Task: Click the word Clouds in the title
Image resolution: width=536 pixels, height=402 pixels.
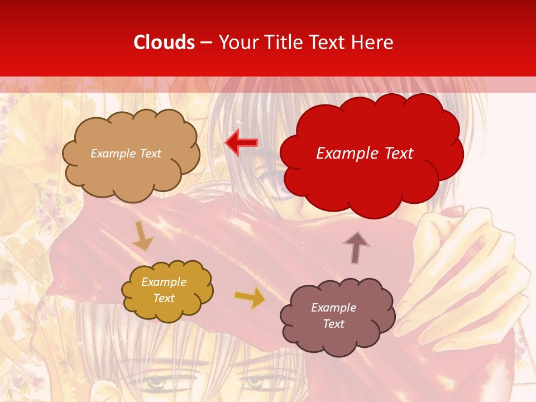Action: tap(164, 42)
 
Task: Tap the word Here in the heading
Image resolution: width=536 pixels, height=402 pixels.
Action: tap(372, 42)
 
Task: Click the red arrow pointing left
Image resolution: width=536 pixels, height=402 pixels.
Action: tap(241, 143)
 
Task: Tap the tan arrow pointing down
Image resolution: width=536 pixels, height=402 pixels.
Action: tap(143, 236)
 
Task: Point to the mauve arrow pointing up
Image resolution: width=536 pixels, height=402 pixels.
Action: tap(356, 247)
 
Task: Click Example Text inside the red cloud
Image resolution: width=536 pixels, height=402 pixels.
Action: tap(365, 154)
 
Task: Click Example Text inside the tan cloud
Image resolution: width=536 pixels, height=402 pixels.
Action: tap(126, 154)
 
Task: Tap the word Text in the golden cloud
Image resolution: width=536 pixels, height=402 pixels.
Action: tap(164, 298)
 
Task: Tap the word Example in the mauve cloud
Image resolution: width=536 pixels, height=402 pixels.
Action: tap(333, 308)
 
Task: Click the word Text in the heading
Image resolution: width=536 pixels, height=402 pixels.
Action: tap(327, 42)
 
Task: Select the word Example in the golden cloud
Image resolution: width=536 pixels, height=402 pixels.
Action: tap(164, 282)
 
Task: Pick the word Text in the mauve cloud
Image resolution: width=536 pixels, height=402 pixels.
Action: tap(333, 324)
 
